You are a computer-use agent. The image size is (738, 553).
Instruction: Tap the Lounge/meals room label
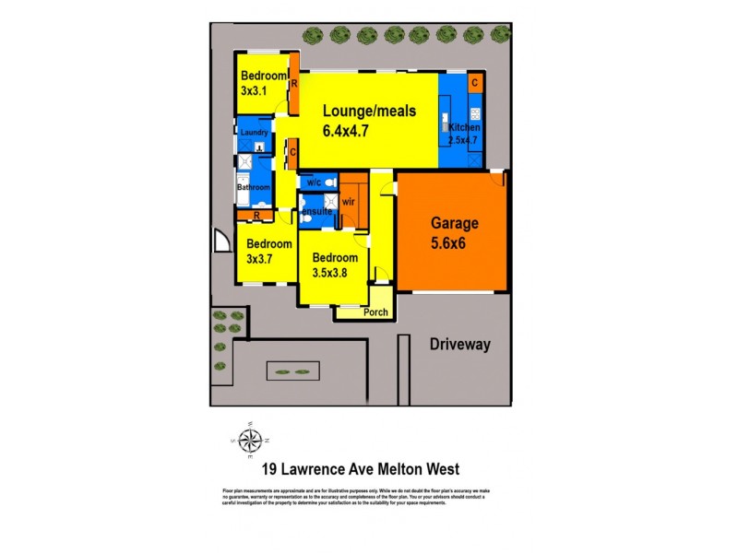[369, 111]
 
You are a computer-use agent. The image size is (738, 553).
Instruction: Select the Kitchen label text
[464, 127]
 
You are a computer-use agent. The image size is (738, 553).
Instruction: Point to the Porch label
[375, 312]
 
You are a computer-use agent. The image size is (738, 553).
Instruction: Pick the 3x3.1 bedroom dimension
[254, 91]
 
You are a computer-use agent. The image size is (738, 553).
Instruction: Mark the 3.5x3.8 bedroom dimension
[334, 273]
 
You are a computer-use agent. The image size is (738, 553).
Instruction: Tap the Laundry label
[254, 133]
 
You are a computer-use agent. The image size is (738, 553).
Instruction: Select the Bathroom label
[254, 188]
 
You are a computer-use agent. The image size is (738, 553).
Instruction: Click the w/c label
[314, 182]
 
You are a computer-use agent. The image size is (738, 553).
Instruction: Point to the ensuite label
[315, 211]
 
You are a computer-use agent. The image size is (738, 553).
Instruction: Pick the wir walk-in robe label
[349, 201]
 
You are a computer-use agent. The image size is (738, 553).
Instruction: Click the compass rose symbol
[249, 440]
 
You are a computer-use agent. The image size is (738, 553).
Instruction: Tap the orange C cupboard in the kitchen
[474, 83]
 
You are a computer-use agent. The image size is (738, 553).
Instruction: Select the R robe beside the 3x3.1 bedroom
[293, 83]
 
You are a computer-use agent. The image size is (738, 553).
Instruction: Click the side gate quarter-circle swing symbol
[220, 241]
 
